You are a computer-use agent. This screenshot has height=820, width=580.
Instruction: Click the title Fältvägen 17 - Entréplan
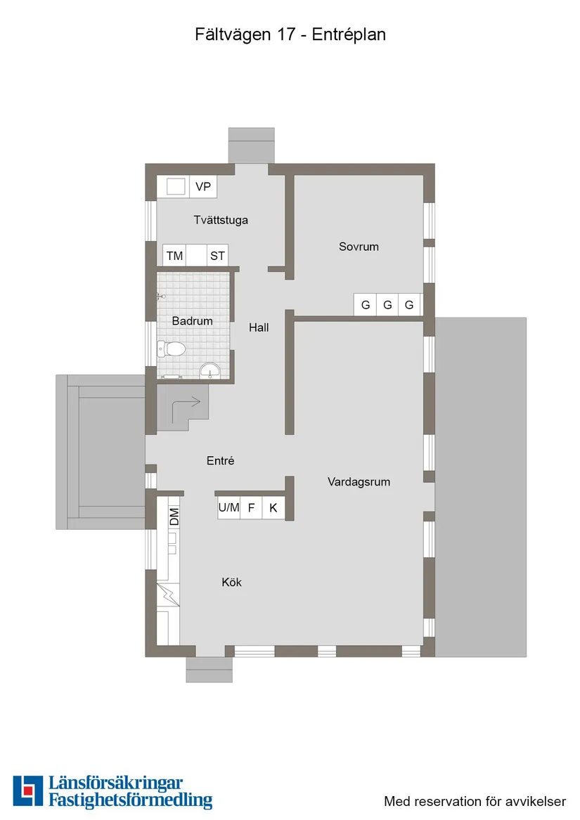290,34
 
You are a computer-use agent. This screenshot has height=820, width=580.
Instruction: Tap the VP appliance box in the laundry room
203,187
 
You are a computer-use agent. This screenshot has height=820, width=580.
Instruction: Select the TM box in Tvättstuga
174,256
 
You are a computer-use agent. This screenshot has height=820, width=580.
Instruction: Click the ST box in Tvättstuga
217,256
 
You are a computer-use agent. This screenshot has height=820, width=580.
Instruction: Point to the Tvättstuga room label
221,220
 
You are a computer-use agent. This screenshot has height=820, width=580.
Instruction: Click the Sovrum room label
359,247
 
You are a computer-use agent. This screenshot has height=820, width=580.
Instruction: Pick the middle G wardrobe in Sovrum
387,306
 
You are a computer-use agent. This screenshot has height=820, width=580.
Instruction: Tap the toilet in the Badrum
171,348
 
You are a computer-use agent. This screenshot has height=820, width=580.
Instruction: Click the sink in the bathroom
209,370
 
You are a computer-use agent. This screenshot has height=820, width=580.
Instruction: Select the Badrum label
192,321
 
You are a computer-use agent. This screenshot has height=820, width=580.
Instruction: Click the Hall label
259,327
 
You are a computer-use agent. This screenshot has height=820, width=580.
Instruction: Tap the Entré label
220,461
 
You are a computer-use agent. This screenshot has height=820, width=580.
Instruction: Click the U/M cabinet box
228,507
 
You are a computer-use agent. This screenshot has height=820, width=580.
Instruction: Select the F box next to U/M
251,507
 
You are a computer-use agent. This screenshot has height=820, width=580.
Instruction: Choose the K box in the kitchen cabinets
273,507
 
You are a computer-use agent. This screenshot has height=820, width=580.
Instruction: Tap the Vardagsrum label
359,482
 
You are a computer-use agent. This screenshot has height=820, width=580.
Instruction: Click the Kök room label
231,582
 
